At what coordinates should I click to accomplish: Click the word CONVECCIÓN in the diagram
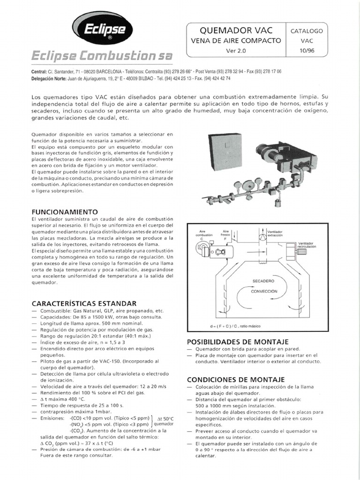[x=264, y=291]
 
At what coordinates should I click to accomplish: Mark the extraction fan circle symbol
[x=262, y=237]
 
